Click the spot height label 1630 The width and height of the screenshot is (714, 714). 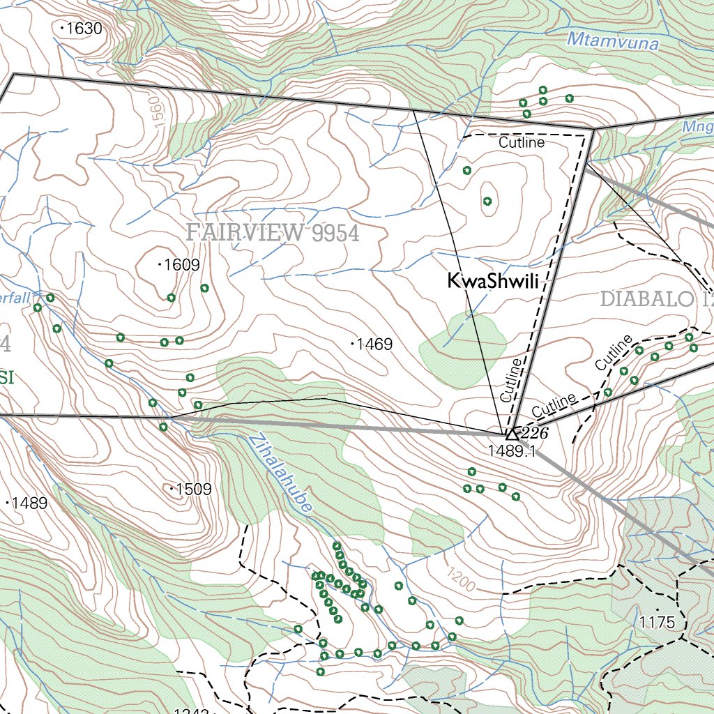[x=84, y=29]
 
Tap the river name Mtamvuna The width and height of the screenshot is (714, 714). [x=613, y=41]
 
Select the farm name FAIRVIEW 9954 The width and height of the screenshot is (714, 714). [x=273, y=234]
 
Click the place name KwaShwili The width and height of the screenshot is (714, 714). [x=494, y=282]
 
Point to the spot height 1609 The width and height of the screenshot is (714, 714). [x=181, y=265]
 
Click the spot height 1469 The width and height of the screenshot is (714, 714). [x=374, y=344]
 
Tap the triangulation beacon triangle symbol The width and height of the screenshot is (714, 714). [x=511, y=434]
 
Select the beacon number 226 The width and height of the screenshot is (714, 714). [x=535, y=434]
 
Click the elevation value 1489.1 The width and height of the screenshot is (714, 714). [x=511, y=451]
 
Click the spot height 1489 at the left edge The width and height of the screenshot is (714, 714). [x=29, y=503]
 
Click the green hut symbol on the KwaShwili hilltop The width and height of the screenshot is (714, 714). [x=487, y=202]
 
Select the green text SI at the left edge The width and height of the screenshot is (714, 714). [x=7, y=379]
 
